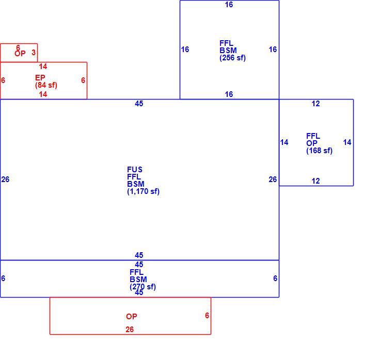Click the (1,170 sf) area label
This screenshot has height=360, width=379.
point(144,191)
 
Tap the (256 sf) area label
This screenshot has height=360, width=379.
point(232,58)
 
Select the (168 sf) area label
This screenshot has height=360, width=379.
point(319,151)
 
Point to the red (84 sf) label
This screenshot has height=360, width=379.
point(46,85)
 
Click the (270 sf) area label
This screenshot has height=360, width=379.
point(143,287)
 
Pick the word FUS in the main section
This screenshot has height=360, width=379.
point(135,170)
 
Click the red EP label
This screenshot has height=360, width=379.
point(40,78)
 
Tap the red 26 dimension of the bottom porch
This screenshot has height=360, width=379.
point(130,330)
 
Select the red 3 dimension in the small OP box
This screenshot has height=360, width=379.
point(34,53)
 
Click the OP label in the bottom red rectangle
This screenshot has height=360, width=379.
point(132,317)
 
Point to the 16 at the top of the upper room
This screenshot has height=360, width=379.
point(229,5)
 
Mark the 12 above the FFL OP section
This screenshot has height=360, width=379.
point(315,104)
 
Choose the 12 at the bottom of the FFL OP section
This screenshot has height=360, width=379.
point(315,181)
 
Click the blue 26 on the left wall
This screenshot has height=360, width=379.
point(5,179)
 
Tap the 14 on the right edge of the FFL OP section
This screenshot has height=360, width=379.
point(347,142)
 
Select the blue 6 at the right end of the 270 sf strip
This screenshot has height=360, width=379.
point(275,279)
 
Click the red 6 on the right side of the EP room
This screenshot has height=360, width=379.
point(83,80)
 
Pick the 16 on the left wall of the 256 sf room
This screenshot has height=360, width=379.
point(185,50)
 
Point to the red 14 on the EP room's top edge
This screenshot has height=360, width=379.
point(43,67)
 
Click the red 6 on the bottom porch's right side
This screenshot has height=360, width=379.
point(207,315)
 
